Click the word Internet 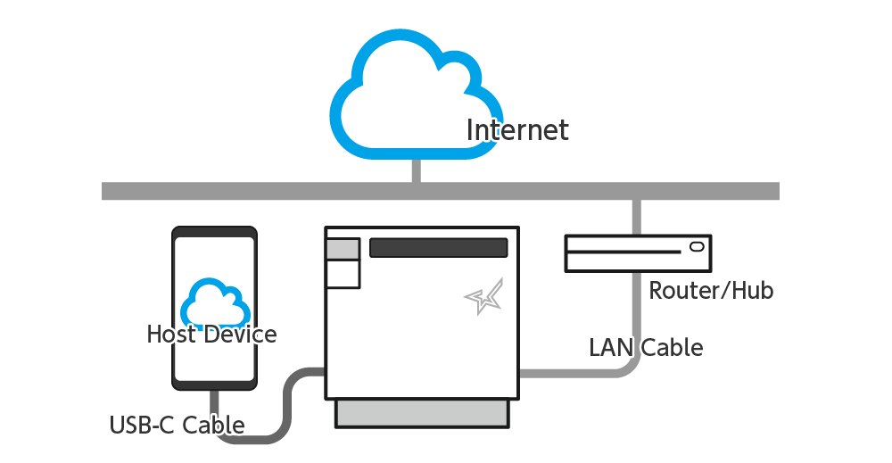tap(517, 130)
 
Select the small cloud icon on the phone tap(214, 303)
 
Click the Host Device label tap(211, 335)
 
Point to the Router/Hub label tap(710, 290)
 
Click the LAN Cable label tap(646, 347)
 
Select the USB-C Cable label tap(177, 425)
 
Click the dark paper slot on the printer tap(438, 248)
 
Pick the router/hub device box tap(639, 253)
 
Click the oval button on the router tap(697, 246)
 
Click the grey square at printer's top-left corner tap(343, 249)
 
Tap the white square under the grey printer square tap(343, 274)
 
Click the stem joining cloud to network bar tap(416, 170)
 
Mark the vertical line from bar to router tap(636, 217)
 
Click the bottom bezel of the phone tap(214, 384)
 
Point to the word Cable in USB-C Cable tap(213, 425)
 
